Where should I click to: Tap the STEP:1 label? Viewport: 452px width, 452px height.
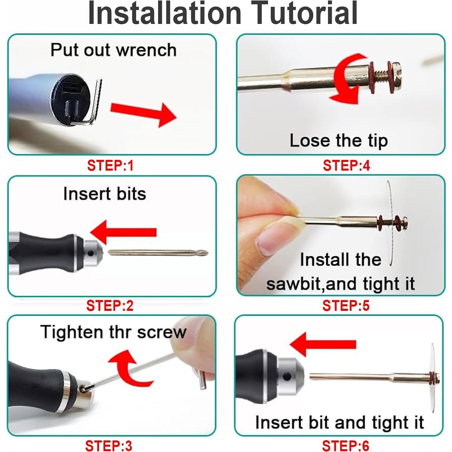[110, 166]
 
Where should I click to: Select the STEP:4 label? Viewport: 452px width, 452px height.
[346, 166]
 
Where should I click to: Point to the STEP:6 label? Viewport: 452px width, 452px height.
[346, 446]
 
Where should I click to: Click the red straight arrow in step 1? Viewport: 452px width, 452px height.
[143, 114]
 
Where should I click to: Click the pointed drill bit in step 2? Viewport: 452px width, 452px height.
[158, 252]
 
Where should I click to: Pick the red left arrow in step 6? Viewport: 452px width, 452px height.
[323, 344]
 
